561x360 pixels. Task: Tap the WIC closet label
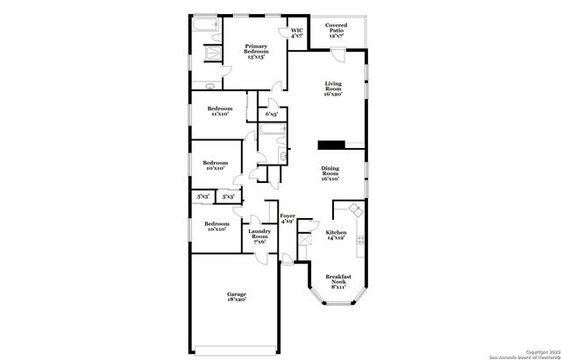[x=297, y=33]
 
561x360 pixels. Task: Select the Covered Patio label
[x=337, y=30]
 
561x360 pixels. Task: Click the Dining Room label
[x=330, y=174]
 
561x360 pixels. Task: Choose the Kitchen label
[x=336, y=235]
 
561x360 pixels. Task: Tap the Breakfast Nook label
[x=338, y=280]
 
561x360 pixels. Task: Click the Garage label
[x=236, y=296]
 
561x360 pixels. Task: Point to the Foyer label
[x=288, y=218]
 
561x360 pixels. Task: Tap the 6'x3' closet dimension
[x=273, y=114]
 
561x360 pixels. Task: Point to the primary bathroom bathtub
[x=207, y=30]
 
